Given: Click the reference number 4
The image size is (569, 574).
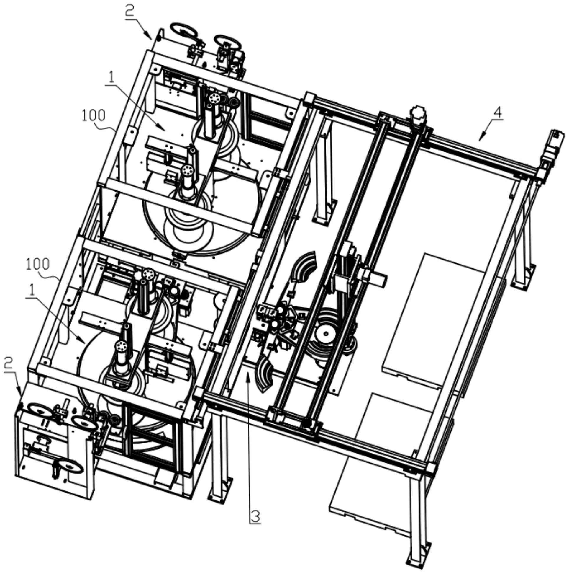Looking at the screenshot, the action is [x=498, y=113].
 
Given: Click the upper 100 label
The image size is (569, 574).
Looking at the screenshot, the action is [x=94, y=115].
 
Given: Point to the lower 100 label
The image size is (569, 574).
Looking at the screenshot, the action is [x=38, y=264].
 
